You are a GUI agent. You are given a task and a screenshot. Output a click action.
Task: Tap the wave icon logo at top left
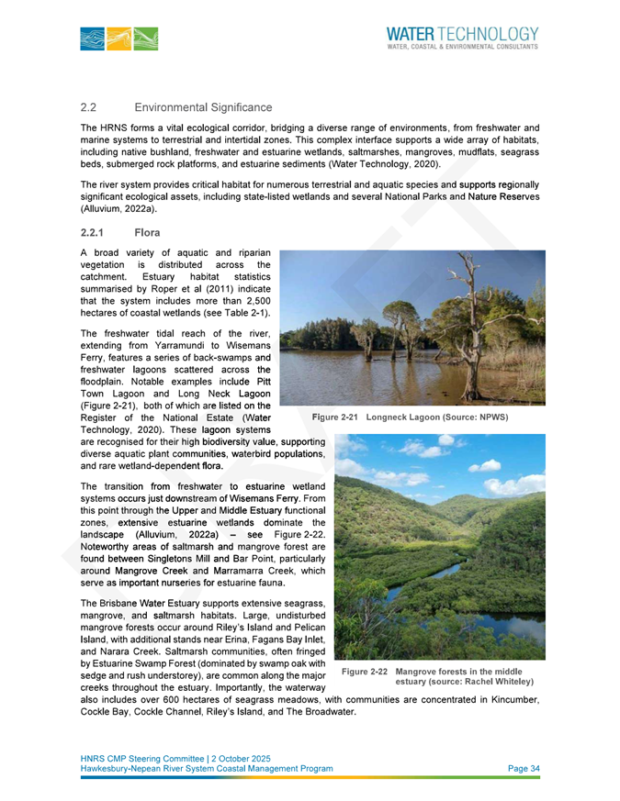pyautogui.click(x=118, y=39)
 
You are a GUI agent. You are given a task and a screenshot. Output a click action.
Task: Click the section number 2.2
pyautogui.click(x=89, y=109)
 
